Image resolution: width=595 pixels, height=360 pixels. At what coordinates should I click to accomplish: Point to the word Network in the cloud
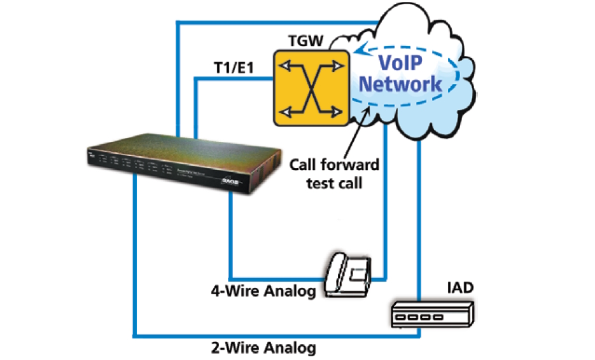tap(408, 83)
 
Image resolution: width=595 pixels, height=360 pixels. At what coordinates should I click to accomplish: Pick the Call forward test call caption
tap(334, 173)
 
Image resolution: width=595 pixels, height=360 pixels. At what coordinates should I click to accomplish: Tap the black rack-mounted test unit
tap(184, 163)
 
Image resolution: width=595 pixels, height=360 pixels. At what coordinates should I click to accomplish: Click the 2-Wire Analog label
tap(263, 348)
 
